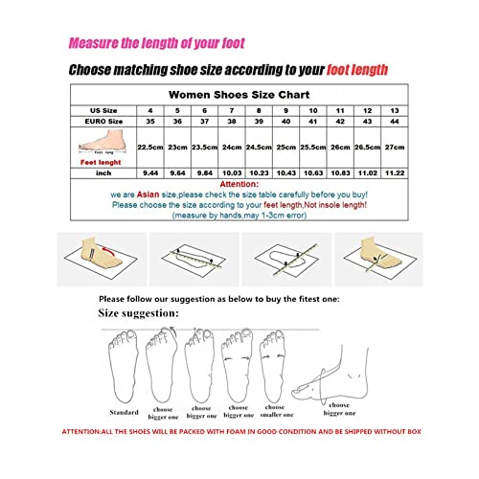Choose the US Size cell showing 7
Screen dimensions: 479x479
(231, 111)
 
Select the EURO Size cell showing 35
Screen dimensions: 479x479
(148, 123)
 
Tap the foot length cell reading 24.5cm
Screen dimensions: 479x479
(258, 148)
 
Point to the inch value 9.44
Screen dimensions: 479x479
(148, 172)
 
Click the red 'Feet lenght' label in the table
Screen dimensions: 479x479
(101, 163)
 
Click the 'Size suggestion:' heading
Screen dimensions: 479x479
(139, 313)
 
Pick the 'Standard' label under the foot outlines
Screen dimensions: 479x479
(124, 414)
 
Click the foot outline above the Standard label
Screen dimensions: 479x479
(123, 369)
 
